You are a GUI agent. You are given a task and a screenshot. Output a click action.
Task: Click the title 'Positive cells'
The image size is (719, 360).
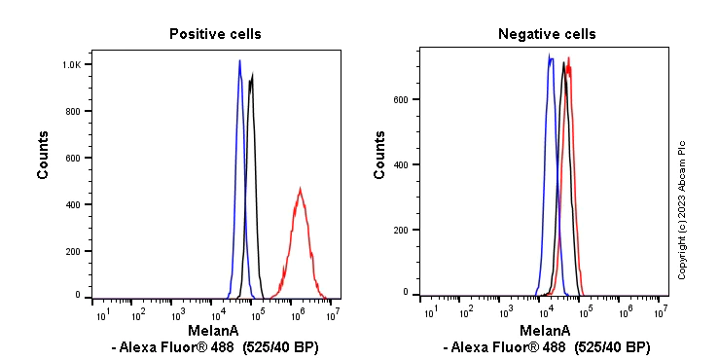pos(215,34)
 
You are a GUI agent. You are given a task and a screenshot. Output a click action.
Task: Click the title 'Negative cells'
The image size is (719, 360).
pos(547,34)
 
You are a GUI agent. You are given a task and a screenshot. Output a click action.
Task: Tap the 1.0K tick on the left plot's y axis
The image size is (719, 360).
pos(73,64)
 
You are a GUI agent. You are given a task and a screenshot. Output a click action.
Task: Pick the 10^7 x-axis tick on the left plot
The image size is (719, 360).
pos(334,313)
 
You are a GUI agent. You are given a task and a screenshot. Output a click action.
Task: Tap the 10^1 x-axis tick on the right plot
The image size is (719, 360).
pos(428,312)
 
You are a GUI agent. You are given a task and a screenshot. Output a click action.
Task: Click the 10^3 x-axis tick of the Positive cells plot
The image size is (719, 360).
pos(178,313)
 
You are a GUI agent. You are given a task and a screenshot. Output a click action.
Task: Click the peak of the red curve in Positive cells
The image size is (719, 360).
pos(301,189)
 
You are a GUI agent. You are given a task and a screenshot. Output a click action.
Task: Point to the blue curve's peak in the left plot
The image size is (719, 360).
pos(239,61)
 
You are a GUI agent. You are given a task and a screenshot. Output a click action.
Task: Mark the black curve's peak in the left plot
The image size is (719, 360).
pos(252,75)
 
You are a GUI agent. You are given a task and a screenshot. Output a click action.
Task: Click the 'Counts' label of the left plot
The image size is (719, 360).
pos(44,155)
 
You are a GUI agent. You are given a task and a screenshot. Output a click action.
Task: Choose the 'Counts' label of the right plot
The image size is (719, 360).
pos(380,155)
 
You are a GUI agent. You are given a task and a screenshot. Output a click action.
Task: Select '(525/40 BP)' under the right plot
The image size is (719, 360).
pos(611,347)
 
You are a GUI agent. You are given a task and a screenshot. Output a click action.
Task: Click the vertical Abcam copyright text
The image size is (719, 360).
pos(682,209)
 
